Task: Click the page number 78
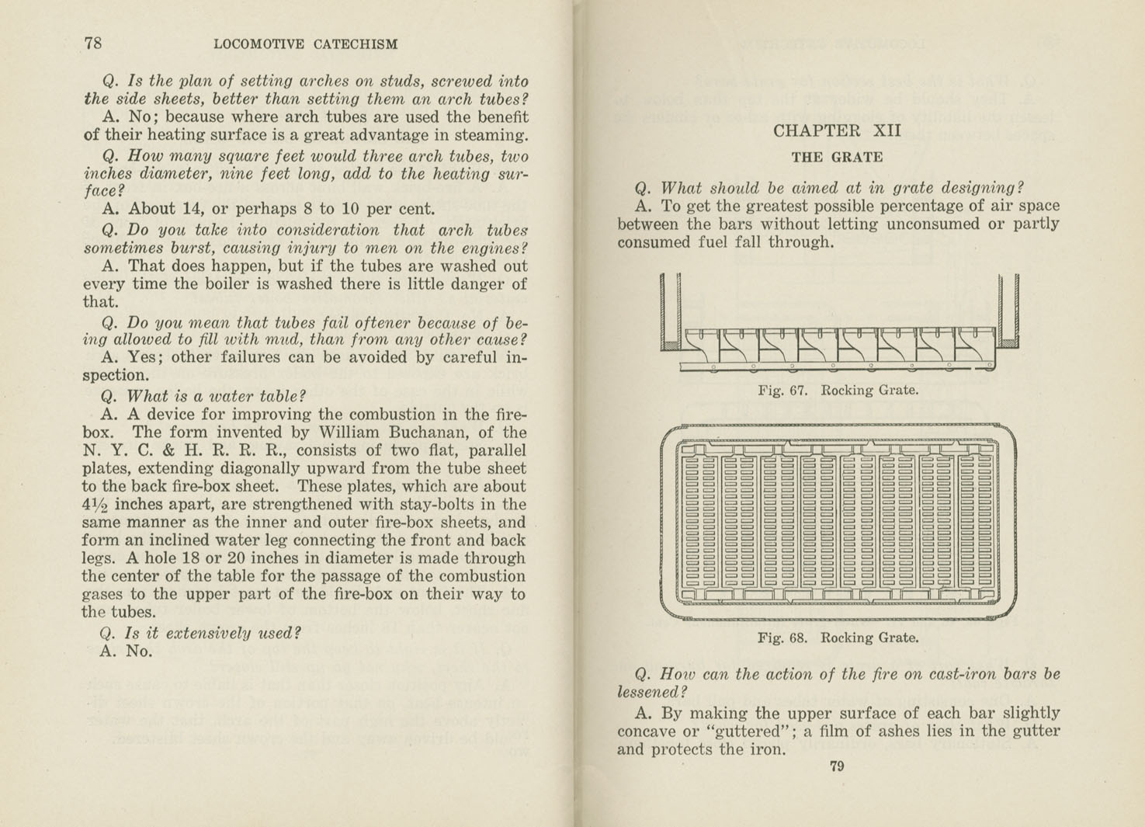(x=93, y=43)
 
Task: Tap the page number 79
(x=837, y=766)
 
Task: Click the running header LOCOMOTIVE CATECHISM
(x=305, y=44)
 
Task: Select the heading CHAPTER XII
(x=837, y=130)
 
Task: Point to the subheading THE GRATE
(x=837, y=157)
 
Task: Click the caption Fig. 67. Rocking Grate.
(x=838, y=390)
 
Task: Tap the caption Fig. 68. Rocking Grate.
(x=838, y=638)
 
